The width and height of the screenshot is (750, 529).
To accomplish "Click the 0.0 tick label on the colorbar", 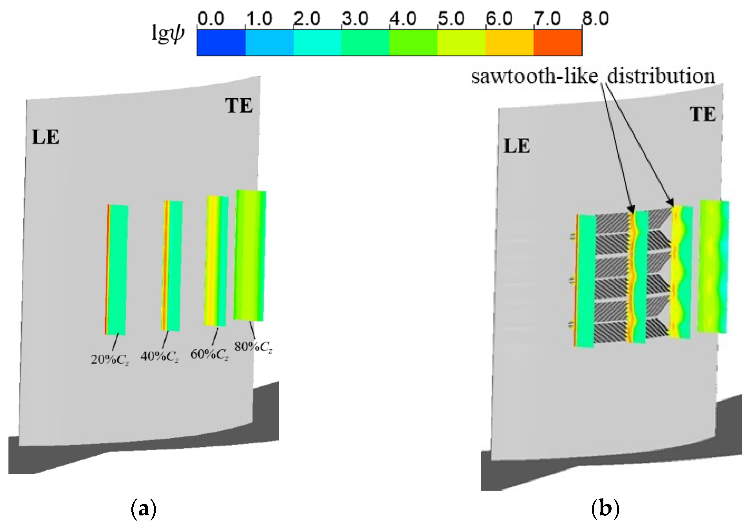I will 211,19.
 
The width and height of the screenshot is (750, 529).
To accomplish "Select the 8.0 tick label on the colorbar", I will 595,19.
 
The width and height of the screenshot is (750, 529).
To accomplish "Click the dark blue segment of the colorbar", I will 221,43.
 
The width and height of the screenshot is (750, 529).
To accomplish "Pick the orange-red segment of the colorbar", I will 558,43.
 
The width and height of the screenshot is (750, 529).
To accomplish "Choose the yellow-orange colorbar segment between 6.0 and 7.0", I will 509,43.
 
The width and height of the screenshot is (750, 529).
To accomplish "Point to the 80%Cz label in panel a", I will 253,347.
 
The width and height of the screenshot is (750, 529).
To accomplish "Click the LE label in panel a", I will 45,137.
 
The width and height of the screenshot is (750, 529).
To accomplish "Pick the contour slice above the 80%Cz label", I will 250,255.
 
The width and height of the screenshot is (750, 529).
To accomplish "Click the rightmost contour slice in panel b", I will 713,266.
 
